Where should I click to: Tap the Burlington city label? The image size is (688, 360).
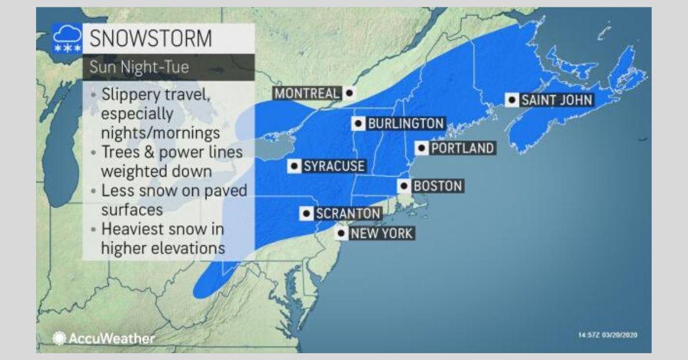pos(405,123)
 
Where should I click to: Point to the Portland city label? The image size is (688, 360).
pos(462,148)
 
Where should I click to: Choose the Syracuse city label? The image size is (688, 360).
pos(334,166)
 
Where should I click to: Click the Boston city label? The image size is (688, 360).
pos(437,186)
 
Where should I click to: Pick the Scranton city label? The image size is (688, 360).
pos(348,214)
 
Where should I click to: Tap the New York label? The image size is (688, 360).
pos(381,233)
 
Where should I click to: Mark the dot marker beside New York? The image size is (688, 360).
pos(341,233)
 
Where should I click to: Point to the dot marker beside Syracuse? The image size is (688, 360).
pos(295,166)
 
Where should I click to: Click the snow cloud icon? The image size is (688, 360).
pos(67,38)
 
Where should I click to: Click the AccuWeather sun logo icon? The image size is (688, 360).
pos(58,338)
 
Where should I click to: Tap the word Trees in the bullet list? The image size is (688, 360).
pos(120,152)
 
